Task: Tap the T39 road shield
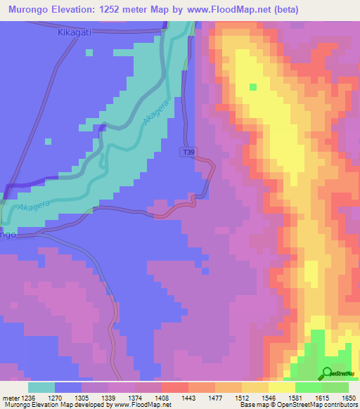click(188, 152)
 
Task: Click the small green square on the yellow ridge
click(253, 87)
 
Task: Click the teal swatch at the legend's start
click(41, 387)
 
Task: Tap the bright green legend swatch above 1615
click(309, 387)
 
